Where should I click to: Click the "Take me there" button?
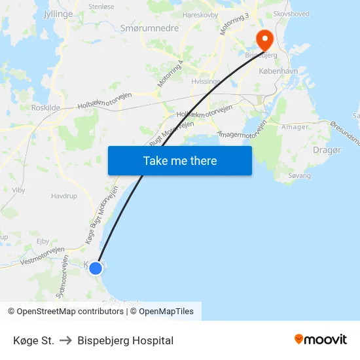[180, 160]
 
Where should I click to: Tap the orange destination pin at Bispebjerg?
[264, 39]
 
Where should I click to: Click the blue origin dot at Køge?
[96, 268]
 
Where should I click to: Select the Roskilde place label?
[45, 108]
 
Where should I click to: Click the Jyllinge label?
[58, 13]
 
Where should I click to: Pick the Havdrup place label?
[64, 196]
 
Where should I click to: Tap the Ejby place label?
[43, 241]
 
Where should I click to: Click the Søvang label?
[299, 176]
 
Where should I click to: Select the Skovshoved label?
[291, 13]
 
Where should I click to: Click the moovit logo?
[321, 340]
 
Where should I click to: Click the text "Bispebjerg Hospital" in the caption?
[125, 340]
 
